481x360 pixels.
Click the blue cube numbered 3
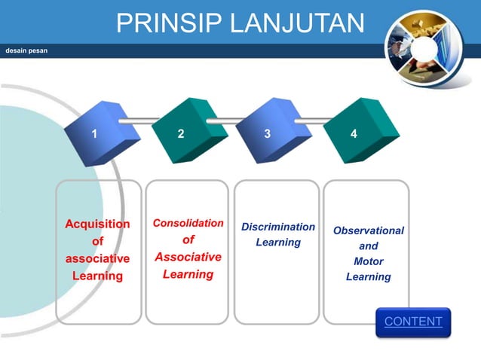click(271, 133)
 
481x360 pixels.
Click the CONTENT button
click(413, 322)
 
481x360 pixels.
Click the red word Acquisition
click(97, 224)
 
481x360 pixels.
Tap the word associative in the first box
click(97, 258)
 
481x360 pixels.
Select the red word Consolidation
click(188, 224)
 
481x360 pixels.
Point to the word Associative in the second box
click(188, 257)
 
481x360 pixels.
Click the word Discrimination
click(278, 227)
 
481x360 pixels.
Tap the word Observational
click(368, 230)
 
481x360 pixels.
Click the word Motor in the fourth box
click(368, 261)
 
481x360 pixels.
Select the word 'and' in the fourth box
click(368, 246)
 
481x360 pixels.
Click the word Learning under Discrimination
click(278, 243)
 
